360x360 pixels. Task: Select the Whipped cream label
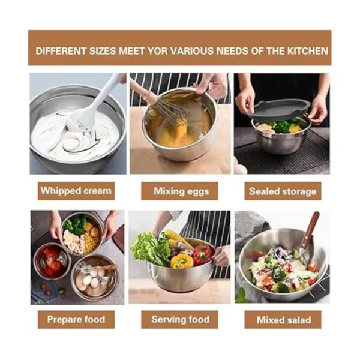click(76, 191)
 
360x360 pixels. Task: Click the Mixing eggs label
click(179, 191)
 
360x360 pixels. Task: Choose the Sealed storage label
click(283, 191)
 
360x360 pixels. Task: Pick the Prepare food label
click(76, 319)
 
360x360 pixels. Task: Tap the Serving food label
click(179, 319)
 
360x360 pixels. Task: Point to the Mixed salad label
click(283, 319)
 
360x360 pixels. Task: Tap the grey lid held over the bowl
click(281, 109)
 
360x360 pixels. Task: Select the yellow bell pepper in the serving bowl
click(182, 261)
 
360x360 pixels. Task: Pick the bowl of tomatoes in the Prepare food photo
click(52, 261)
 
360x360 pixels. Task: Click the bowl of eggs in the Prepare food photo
click(95, 278)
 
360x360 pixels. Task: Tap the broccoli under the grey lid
click(282, 126)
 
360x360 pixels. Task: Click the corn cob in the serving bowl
click(177, 238)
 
